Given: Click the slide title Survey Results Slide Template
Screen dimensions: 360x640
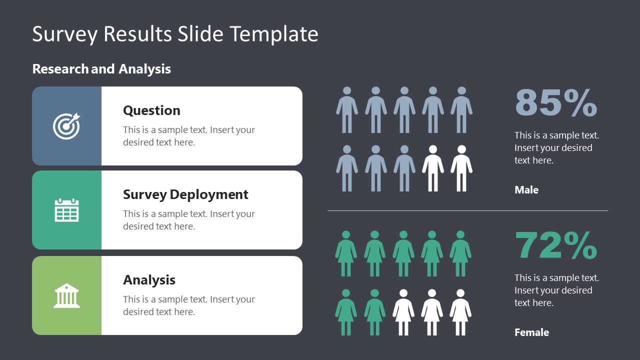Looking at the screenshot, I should click(x=175, y=34).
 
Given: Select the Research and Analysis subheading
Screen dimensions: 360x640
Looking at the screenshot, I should click(x=101, y=69).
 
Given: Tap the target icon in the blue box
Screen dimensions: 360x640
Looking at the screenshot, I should click(x=66, y=126).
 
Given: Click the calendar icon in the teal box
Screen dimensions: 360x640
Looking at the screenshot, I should click(x=66, y=210).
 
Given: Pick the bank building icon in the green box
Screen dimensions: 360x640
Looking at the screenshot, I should click(x=66, y=295).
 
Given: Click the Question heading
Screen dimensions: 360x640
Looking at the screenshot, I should click(x=151, y=110).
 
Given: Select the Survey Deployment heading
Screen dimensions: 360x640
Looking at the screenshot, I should click(x=185, y=194).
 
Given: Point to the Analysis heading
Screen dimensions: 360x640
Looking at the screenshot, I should click(x=149, y=280).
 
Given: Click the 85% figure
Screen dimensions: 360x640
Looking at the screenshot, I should click(x=555, y=103).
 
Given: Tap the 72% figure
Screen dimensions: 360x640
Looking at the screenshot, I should click(x=555, y=245).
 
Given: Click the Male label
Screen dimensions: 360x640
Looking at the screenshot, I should click(x=526, y=190).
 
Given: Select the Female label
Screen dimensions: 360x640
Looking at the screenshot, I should click(x=531, y=332).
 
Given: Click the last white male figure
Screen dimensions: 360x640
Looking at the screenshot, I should click(x=461, y=168).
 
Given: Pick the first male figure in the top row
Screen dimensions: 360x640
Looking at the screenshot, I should click(x=347, y=110).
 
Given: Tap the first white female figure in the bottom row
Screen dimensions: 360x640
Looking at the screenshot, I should click(x=403, y=312).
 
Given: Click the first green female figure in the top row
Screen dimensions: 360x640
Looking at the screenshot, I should click(x=346, y=253).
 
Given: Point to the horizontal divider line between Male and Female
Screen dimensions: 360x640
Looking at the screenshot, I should click(x=467, y=211).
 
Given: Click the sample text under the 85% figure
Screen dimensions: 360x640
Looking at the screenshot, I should click(x=556, y=148).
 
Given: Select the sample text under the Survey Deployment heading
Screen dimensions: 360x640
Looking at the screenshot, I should click(x=189, y=220).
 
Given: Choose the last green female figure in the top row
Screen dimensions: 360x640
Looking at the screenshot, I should click(x=460, y=253).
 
